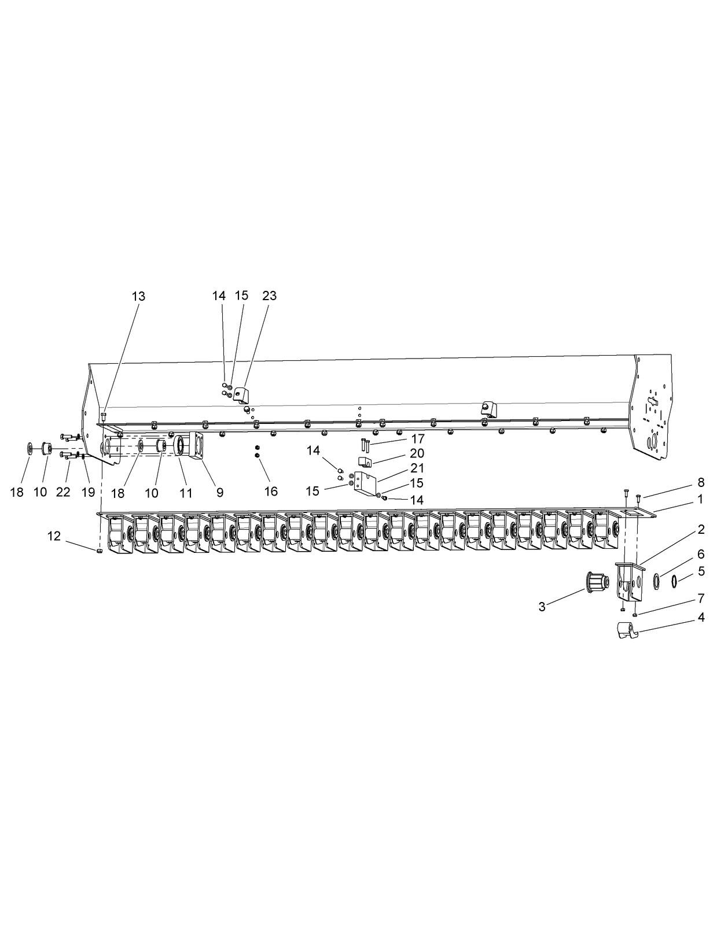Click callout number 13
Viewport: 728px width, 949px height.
[138, 297]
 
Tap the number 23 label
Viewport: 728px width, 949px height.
[270, 296]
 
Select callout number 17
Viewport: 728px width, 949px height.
[418, 439]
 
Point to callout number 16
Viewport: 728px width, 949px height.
[271, 492]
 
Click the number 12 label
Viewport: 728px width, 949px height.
[54, 536]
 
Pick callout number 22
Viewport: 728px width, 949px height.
[63, 493]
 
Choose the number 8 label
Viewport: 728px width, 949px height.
[701, 482]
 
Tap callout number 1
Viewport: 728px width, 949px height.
[700, 499]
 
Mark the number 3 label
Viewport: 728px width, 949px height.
[542, 607]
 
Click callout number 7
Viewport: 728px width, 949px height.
[701, 599]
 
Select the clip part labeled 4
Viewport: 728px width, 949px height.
[627, 630]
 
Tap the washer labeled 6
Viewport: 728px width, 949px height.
[656, 582]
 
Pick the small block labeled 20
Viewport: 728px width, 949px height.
[365, 461]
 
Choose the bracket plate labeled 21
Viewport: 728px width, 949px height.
[365, 484]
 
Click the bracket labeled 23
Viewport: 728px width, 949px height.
[241, 395]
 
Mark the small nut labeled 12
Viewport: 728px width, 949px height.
[99, 551]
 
